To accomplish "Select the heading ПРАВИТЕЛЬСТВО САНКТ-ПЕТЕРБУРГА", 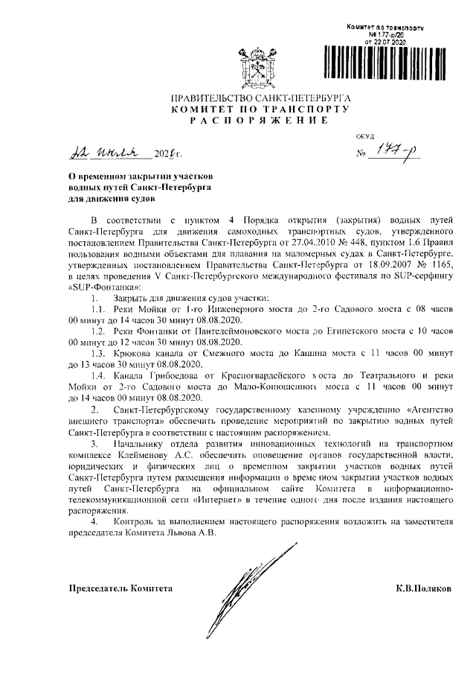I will pos(260,98).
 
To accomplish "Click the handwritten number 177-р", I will pos(399,153).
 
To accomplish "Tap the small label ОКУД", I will pos(364,136).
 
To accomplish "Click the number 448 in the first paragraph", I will pos(350,242).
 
